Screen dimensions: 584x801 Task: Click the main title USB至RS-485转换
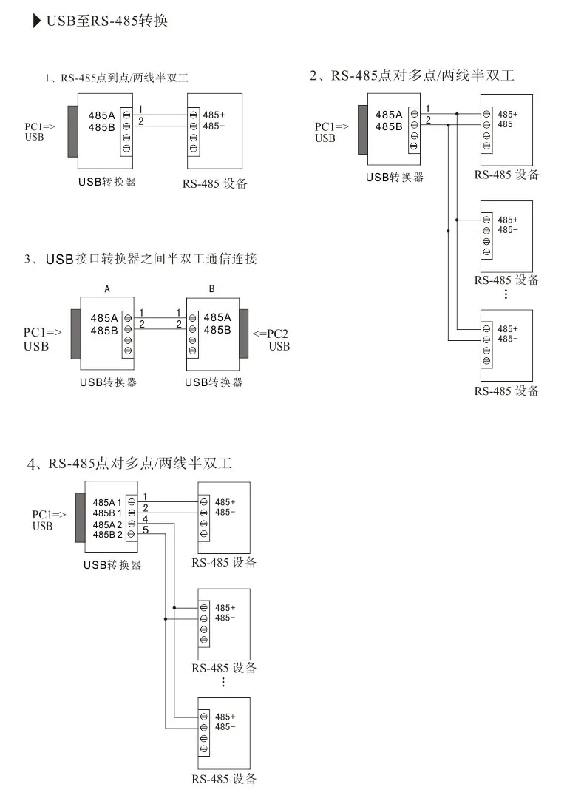click(x=106, y=21)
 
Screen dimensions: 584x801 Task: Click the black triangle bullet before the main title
click(x=37, y=21)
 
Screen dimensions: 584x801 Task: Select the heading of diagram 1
click(x=116, y=78)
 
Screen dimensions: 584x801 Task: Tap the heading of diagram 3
click(x=140, y=259)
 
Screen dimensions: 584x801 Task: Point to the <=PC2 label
click(x=270, y=334)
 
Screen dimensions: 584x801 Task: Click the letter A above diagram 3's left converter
click(x=107, y=289)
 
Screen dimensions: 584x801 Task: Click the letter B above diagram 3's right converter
click(x=212, y=289)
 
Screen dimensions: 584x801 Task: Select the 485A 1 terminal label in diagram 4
click(x=107, y=503)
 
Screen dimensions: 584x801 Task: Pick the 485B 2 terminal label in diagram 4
click(x=107, y=535)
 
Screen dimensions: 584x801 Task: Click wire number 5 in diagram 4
click(x=146, y=530)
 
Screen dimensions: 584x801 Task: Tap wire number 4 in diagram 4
click(x=146, y=519)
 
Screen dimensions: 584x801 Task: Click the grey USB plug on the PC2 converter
click(x=244, y=334)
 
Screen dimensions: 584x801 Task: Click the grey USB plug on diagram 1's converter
click(x=73, y=132)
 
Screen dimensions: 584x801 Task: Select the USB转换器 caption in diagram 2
click(x=395, y=178)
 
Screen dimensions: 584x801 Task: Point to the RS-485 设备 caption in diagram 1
click(x=215, y=184)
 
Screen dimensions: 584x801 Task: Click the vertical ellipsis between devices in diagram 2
click(x=506, y=294)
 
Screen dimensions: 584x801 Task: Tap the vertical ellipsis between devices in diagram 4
click(x=223, y=682)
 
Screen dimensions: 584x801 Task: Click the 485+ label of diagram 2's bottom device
click(x=508, y=329)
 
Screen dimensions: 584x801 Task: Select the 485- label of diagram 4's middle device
click(x=225, y=618)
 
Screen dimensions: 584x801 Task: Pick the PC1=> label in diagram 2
click(x=332, y=126)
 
